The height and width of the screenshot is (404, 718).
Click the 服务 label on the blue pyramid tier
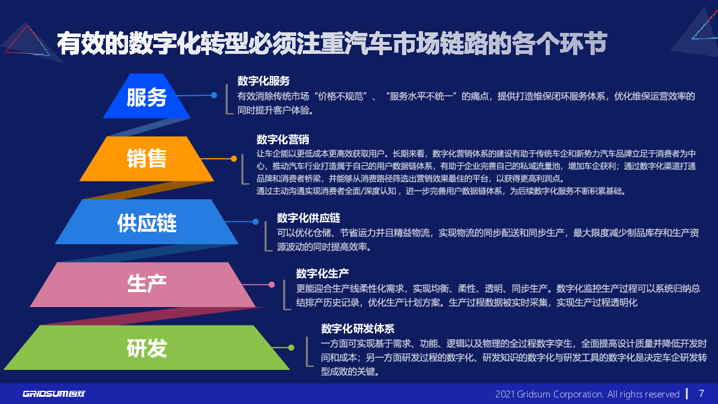point(147,98)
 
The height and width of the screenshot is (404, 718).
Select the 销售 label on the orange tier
point(147,158)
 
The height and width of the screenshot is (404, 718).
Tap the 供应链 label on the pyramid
point(147,223)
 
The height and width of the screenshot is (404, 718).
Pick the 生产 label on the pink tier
point(147,284)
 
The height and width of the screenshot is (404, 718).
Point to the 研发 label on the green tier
point(147,348)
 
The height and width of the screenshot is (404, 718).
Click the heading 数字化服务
point(263,81)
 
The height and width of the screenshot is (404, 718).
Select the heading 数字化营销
point(282,139)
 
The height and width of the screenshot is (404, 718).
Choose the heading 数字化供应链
point(308,218)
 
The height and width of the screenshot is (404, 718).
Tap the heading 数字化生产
point(322,274)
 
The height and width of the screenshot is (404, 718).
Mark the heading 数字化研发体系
point(358,329)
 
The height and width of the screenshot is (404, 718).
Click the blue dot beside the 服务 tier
point(214,95)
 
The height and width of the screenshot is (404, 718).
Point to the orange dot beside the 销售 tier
point(234,159)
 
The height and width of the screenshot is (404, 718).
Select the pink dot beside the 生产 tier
point(272,285)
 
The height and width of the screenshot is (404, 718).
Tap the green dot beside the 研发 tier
point(291,348)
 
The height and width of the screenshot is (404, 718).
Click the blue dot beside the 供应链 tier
point(255,221)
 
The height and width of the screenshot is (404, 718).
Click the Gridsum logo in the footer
point(54,394)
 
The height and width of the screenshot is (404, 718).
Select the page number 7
point(701,393)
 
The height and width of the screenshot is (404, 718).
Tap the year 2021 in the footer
point(505,394)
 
